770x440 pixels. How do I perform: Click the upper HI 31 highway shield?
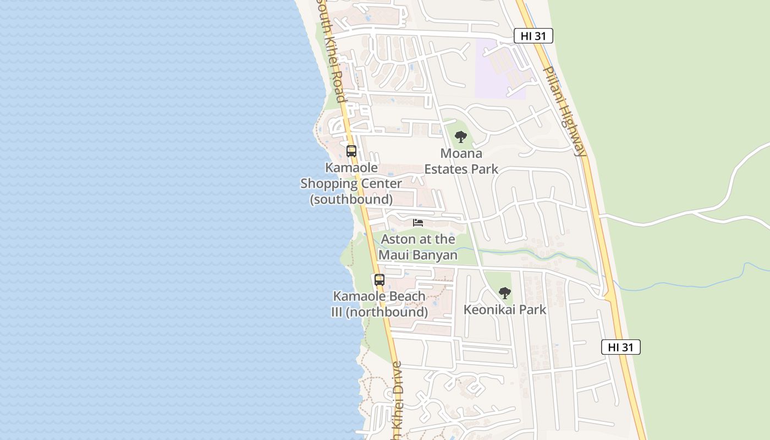coord(533,36)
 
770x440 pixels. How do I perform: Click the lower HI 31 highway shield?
coord(620,347)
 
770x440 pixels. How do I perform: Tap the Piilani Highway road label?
coord(564,112)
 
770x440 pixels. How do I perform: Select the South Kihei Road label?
coord(331,52)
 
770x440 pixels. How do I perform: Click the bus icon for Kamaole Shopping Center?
coord(351,151)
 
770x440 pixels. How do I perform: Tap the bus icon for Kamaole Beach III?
coord(380,279)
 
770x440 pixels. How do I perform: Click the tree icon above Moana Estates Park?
coord(461,136)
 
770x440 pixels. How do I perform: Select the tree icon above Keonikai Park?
coord(505,293)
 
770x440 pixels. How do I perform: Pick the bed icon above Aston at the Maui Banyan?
coord(418,222)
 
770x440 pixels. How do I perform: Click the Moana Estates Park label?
coord(461,161)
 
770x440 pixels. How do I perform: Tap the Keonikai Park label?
coord(505,310)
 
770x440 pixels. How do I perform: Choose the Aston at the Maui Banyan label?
coord(418,247)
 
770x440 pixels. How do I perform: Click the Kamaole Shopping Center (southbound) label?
coord(351,183)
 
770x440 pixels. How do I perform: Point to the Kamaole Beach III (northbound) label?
coord(380,304)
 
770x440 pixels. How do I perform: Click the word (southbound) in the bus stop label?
coord(351,199)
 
